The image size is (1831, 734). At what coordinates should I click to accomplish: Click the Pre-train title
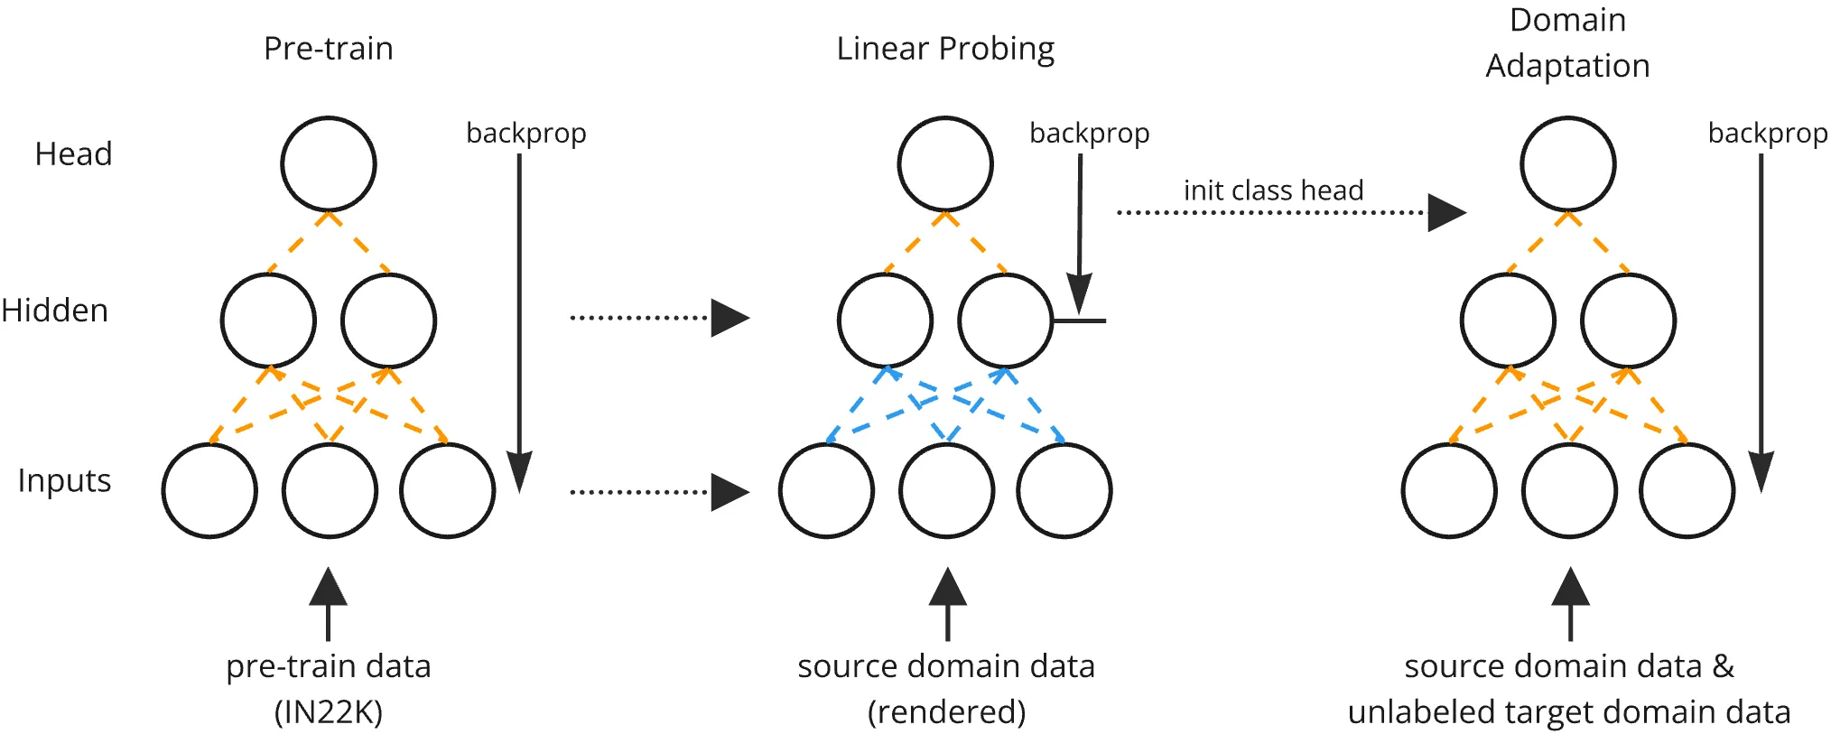click(x=328, y=49)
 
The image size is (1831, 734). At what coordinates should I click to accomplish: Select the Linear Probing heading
click(x=945, y=49)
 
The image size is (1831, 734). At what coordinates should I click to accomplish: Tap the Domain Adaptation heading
click(x=1567, y=43)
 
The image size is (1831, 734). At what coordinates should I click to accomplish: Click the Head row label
click(x=73, y=154)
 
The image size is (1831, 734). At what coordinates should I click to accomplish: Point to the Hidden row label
click(x=55, y=311)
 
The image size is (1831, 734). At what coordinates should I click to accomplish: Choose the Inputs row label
click(x=64, y=480)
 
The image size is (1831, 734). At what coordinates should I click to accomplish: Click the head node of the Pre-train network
click(x=328, y=164)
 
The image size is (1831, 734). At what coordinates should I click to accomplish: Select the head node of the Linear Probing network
click(x=945, y=164)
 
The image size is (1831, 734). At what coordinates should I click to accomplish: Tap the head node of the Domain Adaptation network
click(x=1567, y=164)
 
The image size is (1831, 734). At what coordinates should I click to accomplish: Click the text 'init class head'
click(x=1273, y=190)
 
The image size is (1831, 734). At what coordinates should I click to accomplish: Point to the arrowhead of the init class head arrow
click(x=1445, y=213)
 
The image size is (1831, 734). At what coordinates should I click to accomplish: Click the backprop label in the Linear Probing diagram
click(x=1089, y=133)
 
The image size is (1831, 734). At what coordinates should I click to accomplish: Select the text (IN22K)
click(x=328, y=712)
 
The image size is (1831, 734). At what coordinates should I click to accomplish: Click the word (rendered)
click(x=946, y=712)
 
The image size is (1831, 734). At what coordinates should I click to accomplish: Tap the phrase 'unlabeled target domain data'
click(x=1568, y=712)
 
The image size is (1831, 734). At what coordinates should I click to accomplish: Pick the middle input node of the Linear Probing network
click(x=946, y=491)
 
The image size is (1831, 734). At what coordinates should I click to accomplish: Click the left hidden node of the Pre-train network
click(x=268, y=321)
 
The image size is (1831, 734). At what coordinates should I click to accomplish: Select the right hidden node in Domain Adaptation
click(x=1628, y=321)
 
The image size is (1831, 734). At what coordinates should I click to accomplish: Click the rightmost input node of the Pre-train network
click(x=447, y=491)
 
